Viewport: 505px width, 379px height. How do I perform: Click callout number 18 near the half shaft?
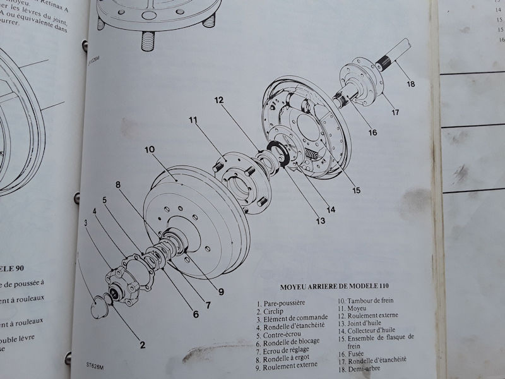(x=411, y=84)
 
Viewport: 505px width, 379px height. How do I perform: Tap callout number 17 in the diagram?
(x=395, y=114)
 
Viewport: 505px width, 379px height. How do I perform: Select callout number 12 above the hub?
(x=219, y=100)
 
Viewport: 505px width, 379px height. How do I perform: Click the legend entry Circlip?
(x=273, y=312)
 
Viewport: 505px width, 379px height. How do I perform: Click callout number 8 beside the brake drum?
(x=117, y=184)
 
